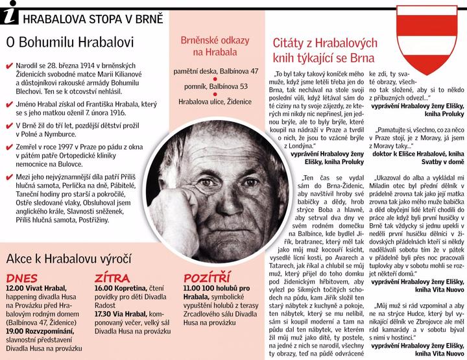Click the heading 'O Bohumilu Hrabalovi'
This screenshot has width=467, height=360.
[x=69, y=43]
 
